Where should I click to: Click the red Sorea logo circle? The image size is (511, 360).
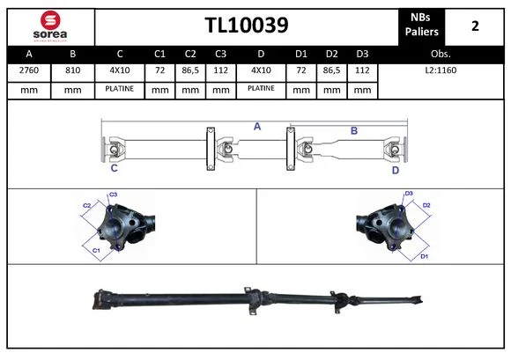(50, 20)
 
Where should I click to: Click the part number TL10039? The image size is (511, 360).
(247, 25)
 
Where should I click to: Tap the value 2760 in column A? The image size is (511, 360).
(29, 70)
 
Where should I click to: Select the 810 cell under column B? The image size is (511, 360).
(72, 70)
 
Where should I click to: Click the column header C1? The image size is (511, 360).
(159, 54)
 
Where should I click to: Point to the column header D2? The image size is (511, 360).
(332, 54)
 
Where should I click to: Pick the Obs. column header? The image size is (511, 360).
(441, 54)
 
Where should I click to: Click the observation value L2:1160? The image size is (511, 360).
(441, 70)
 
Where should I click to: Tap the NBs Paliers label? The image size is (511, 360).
(421, 25)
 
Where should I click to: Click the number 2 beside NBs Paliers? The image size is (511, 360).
(475, 26)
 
